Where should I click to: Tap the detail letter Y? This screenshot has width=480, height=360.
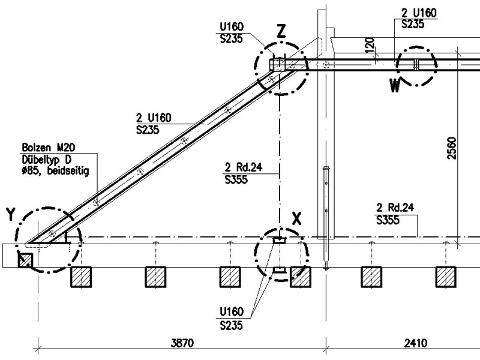[10, 213]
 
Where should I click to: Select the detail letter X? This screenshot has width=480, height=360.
[296, 218]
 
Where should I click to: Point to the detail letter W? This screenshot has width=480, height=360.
[394, 86]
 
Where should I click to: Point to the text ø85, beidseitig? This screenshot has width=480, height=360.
[55, 170]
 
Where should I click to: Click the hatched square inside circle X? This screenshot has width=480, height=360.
[300, 277]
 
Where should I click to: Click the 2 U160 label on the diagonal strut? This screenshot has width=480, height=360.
[154, 118]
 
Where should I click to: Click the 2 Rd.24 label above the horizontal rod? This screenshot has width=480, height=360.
[395, 208]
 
